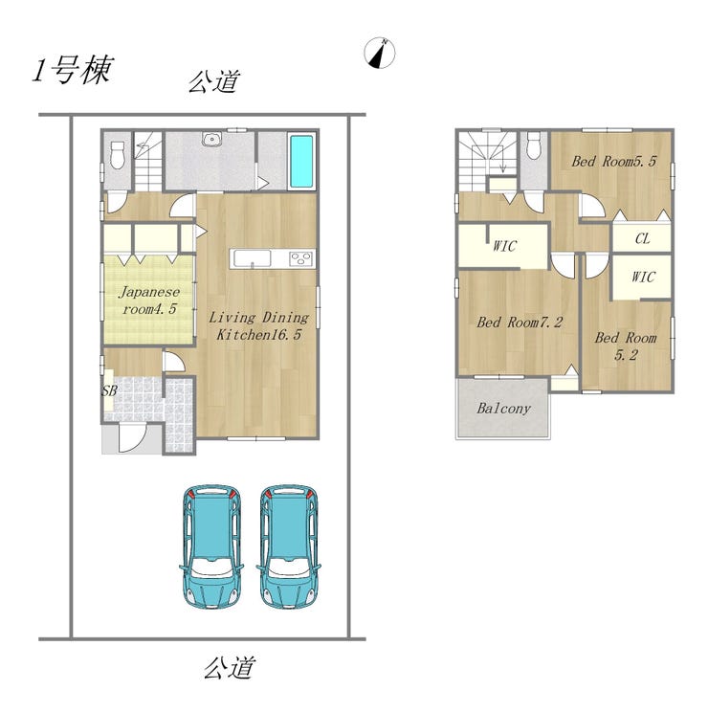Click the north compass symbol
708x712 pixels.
tap(380, 53)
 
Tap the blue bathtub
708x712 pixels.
tap(300, 162)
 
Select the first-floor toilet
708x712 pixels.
tap(118, 154)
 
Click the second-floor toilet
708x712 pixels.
tap(534, 145)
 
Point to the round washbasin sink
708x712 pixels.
tap(210, 139)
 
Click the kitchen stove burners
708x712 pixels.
tap(300, 258)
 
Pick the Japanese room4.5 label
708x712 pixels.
tap(149, 300)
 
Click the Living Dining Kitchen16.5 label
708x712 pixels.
tap(258, 325)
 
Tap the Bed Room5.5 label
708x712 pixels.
tap(613, 161)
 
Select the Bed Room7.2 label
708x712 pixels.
tap(520, 322)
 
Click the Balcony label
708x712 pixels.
tap(503, 409)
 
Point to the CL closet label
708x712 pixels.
tap(642, 238)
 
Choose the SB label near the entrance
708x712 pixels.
tap(109, 390)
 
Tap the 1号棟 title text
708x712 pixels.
tap(73, 71)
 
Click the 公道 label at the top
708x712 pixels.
tap(213, 82)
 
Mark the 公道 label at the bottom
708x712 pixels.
tap(229, 668)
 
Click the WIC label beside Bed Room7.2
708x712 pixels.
tap(504, 246)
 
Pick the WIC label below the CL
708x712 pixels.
tap(643, 277)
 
